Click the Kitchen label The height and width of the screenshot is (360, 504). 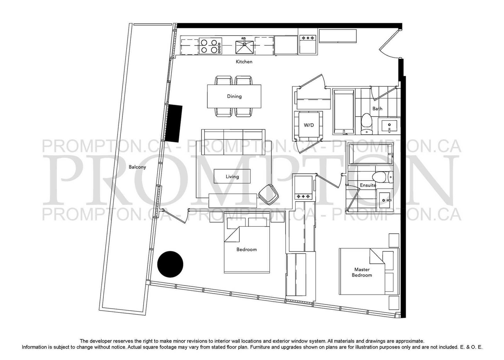244,62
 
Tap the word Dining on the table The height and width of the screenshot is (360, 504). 234,96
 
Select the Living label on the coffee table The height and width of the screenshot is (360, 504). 232,176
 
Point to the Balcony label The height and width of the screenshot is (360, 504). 137,167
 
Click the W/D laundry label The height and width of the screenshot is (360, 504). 309,125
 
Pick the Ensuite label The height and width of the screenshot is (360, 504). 368,185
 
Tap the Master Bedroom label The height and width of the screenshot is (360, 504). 362,272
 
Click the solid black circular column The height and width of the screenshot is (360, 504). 170,264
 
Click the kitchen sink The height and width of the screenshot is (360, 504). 244,46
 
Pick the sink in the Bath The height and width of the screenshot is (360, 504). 389,126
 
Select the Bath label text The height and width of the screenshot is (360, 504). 377,108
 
